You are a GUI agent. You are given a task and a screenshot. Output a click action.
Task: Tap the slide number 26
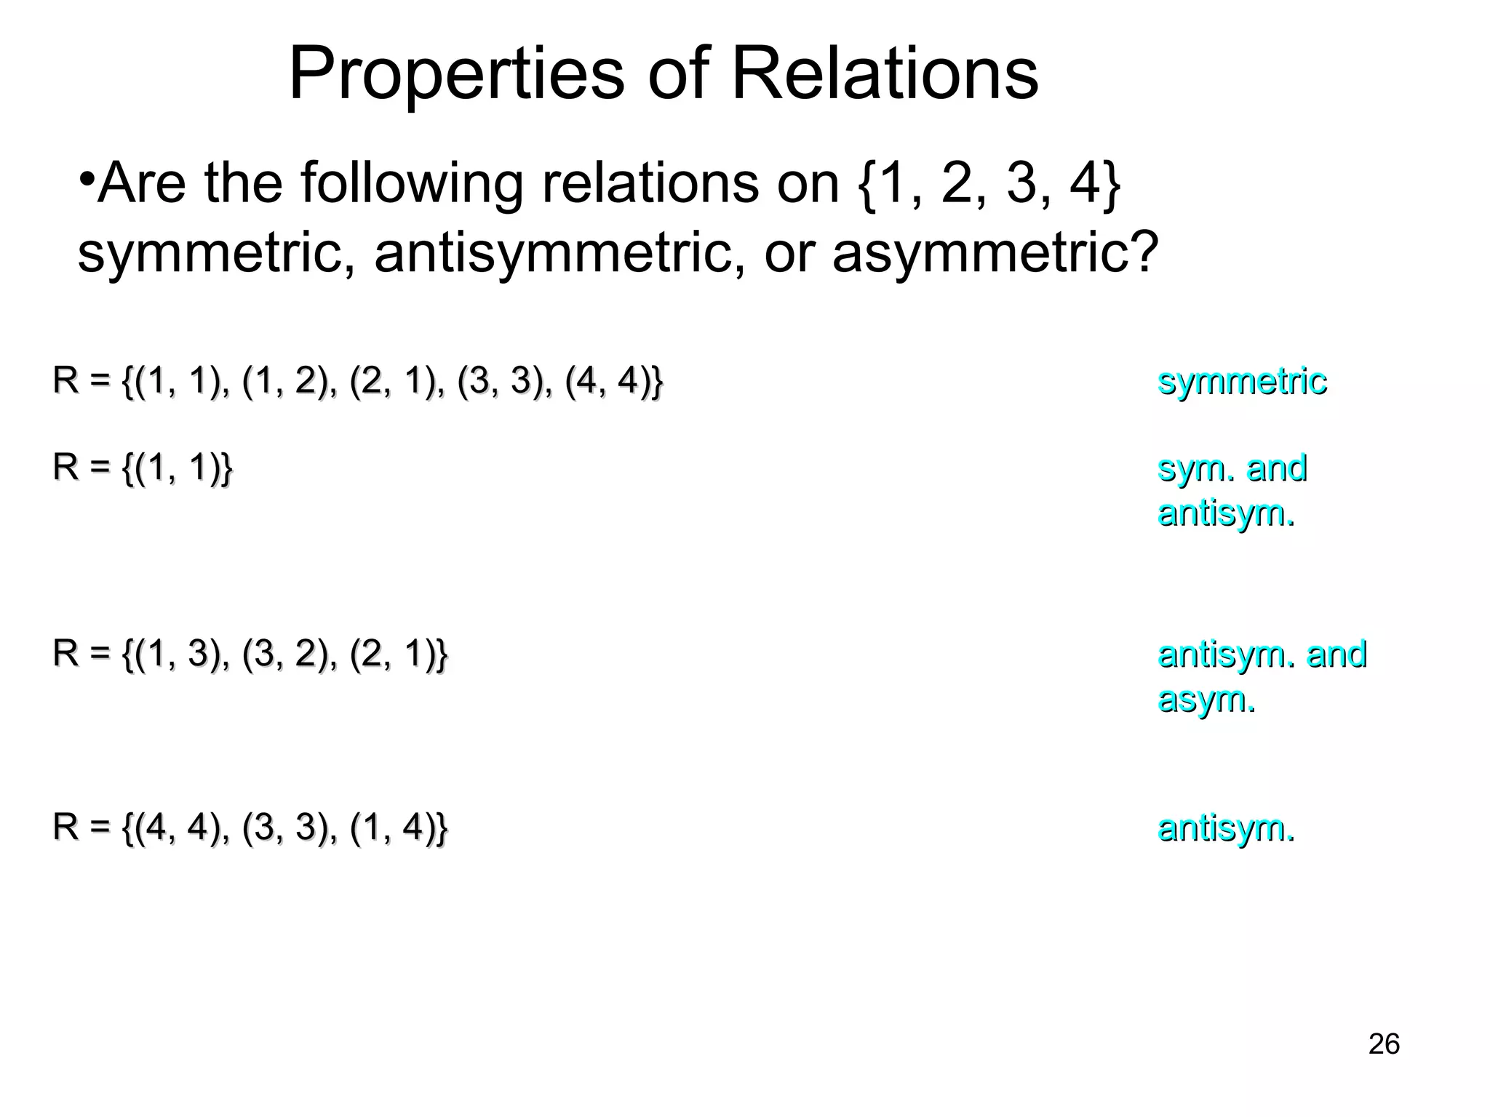coord(1383,1044)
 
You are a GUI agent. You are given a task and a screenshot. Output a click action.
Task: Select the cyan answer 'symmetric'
coord(1242,382)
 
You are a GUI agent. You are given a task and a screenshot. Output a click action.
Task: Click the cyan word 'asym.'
coord(1206,700)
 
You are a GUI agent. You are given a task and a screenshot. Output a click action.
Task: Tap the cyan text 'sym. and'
coord(1232,468)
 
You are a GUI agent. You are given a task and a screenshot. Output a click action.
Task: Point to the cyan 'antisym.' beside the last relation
coord(1226,828)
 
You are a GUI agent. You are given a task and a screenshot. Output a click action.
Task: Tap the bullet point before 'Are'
coord(87,178)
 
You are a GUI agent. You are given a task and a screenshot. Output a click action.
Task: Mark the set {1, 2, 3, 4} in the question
coord(989,185)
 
